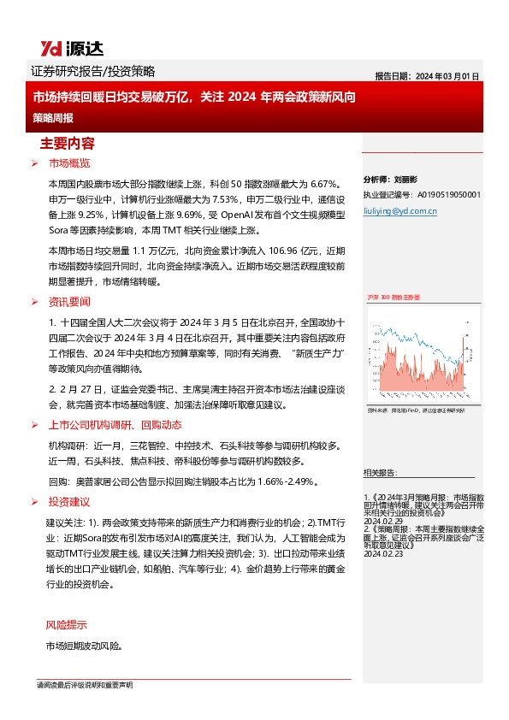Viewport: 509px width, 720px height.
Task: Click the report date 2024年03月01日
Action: [427, 75]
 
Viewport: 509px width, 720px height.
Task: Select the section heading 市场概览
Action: [69, 162]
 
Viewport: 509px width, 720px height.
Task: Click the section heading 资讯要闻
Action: [69, 302]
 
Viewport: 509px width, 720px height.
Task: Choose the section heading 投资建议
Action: [69, 501]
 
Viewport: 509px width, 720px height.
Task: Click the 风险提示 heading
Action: [66, 624]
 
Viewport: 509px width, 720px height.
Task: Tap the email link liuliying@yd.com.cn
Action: [401, 210]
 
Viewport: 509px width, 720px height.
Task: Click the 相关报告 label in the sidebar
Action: [380, 472]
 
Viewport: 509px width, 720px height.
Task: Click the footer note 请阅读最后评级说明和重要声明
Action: [85, 686]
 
